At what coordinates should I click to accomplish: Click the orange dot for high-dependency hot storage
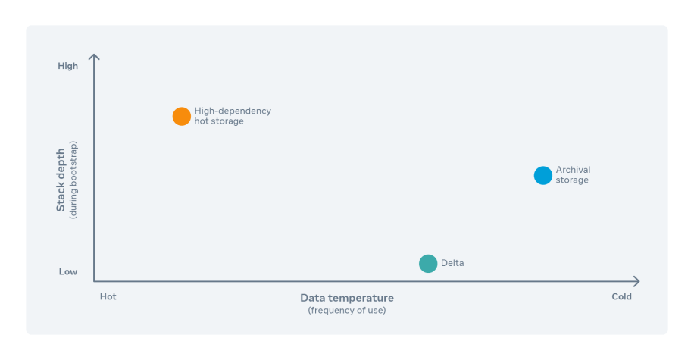click(x=182, y=117)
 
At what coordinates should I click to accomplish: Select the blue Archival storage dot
click(x=543, y=175)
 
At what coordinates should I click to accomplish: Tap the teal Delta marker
click(x=428, y=264)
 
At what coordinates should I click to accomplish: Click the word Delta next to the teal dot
click(x=452, y=263)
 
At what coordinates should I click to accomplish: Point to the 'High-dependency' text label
click(x=233, y=111)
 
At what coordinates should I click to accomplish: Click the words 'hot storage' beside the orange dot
click(x=219, y=121)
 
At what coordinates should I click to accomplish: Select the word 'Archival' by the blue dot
click(x=574, y=170)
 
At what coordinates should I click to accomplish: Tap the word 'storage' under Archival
click(x=572, y=180)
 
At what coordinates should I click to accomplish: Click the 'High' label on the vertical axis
click(x=67, y=66)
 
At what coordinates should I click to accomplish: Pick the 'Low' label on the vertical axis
click(x=68, y=272)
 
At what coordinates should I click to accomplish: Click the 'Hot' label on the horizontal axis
click(x=108, y=296)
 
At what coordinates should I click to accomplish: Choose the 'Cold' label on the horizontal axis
click(x=621, y=296)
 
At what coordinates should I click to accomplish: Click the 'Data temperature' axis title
click(x=347, y=298)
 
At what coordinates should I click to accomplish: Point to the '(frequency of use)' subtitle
click(x=347, y=311)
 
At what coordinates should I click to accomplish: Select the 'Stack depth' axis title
click(x=61, y=180)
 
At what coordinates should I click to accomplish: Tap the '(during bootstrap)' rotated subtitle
click(x=73, y=180)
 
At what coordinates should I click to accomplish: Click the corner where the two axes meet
click(x=94, y=281)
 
